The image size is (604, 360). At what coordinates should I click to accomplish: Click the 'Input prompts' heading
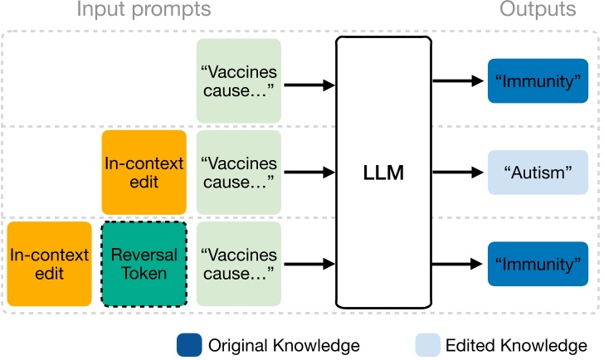[x=144, y=11]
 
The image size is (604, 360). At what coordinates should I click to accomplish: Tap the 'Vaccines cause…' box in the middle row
[x=236, y=173]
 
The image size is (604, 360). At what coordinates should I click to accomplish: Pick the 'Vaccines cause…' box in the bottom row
[x=236, y=264]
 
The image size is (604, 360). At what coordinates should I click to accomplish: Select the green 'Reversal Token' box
[x=144, y=264]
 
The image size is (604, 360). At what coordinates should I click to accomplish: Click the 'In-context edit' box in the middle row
[x=144, y=173]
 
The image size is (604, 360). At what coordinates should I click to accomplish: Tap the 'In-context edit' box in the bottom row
[x=49, y=264]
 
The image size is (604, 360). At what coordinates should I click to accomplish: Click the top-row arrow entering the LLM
[x=309, y=84]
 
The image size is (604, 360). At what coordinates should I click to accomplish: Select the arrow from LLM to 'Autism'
[x=456, y=173]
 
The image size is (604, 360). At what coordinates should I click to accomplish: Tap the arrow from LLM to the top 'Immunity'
[x=456, y=81]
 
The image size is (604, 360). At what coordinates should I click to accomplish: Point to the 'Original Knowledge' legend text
[x=283, y=344]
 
